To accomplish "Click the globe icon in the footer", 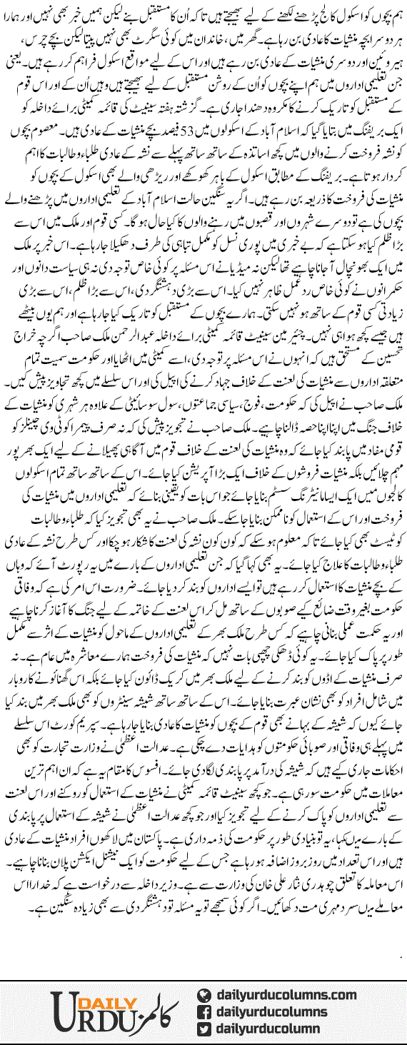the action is [x=203, y=996].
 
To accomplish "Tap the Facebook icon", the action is [x=203, y=1012].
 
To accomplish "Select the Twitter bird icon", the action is [x=203, y=1029].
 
